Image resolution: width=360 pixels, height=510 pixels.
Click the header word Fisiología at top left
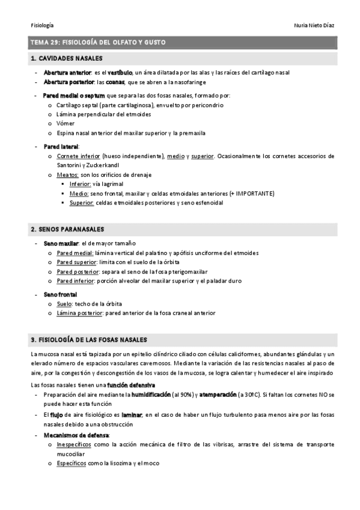[x=41, y=25]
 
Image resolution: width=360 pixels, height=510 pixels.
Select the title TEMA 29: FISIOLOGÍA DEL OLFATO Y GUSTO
[x=97, y=42]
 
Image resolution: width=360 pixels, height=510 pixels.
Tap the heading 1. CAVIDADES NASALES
[x=66, y=58]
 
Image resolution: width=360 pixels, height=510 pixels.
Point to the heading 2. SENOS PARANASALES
[x=67, y=229]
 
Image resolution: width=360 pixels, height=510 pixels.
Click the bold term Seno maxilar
[x=61, y=244]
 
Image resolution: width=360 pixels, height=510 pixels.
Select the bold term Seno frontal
[x=60, y=295]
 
